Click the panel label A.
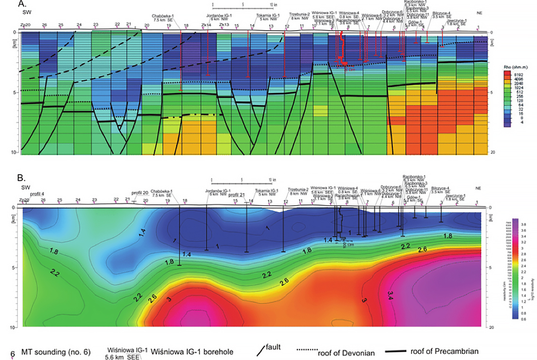coord(21,4)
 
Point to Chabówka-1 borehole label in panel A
coord(167,15)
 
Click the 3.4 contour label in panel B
coord(391,294)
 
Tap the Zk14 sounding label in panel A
coord(206,25)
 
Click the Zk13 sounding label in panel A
coord(224,25)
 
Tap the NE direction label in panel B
coord(479,188)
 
